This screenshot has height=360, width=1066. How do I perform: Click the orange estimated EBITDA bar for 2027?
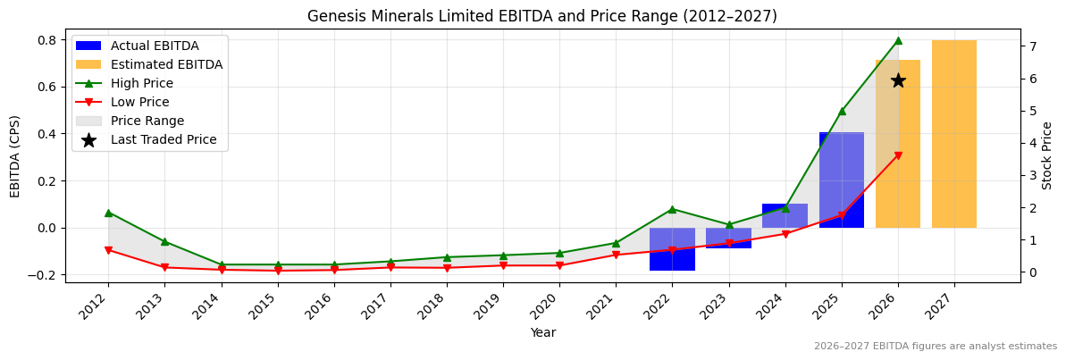point(953,134)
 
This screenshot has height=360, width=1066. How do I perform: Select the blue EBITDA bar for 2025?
point(841,179)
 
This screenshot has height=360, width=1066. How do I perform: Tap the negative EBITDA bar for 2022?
point(672,249)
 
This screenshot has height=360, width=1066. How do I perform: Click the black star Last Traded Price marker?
point(898,80)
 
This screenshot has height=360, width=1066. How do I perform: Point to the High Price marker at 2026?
point(898,40)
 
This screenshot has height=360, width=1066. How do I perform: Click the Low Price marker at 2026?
point(898,155)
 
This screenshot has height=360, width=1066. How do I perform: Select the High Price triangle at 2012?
point(108,213)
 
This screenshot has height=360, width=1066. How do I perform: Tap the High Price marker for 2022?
point(672,209)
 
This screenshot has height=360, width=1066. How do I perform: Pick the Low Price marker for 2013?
point(164,267)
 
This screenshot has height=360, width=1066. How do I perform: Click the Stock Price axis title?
point(1047,155)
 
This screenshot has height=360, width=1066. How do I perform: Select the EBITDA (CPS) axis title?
point(15,155)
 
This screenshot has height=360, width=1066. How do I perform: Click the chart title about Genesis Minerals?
point(541,16)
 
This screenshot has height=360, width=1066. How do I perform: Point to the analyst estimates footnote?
point(935,347)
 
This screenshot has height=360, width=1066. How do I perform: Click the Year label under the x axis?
point(542,332)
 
